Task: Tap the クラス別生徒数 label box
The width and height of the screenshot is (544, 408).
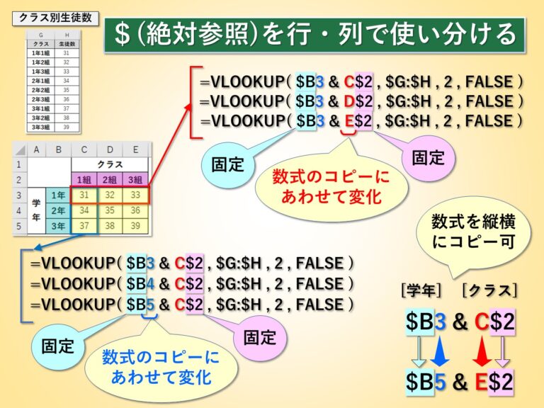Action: pos(55,16)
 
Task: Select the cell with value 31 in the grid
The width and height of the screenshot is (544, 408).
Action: pos(84,195)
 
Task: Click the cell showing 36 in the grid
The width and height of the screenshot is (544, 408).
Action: pos(135,210)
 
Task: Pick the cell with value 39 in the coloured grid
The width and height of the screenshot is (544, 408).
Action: pos(135,226)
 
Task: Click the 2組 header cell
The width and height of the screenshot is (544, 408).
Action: pos(110,179)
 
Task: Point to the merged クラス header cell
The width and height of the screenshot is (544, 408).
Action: pos(110,164)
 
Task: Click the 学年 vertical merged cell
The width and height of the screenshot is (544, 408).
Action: pos(35,210)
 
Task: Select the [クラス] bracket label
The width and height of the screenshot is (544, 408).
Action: pos(488,290)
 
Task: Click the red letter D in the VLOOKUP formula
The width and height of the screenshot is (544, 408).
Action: pos(346,101)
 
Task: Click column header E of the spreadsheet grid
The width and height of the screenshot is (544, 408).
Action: pos(135,149)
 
